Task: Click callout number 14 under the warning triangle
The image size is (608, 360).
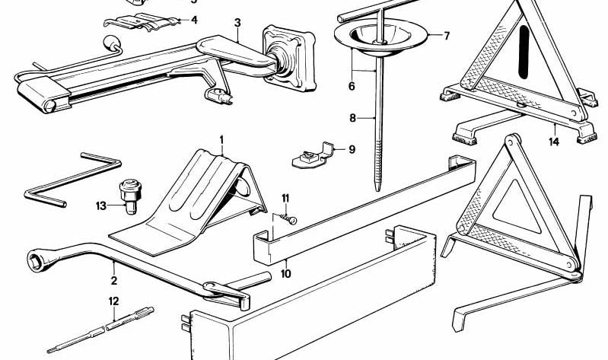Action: pyautogui.click(x=554, y=142)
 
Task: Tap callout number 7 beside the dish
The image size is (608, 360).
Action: pyautogui.click(x=447, y=36)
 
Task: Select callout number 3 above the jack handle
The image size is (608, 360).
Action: pyautogui.click(x=237, y=23)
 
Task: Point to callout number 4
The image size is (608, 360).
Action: pyautogui.click(x=194, y=20)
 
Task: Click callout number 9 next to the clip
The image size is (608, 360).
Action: pyautogui.click(x=352, y=149)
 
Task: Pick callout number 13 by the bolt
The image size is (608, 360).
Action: pyautogui.click(x=100, y=205)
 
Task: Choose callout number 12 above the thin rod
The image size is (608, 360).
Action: pyautogui.click(x=113, y=301)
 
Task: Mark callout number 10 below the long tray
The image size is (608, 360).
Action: pyautogui.click(x=286, y=274)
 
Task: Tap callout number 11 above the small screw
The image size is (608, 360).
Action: pyautogui.click(x=285, y=199)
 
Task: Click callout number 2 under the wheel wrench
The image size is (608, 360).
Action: pyautogui.click(x=113, y=280)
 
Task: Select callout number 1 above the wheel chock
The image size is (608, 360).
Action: pyautogui.click(x=221, y=139)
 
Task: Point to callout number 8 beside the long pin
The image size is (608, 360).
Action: pyautogui.click(x=352, y=117)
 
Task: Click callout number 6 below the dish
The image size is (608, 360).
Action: pyautogui.click(x=352, y=86)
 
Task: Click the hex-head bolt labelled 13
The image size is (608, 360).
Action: pyautogui.click(x=130, y=196)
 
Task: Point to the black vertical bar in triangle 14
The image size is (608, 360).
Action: pyautogui.click(x=524, y=52)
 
